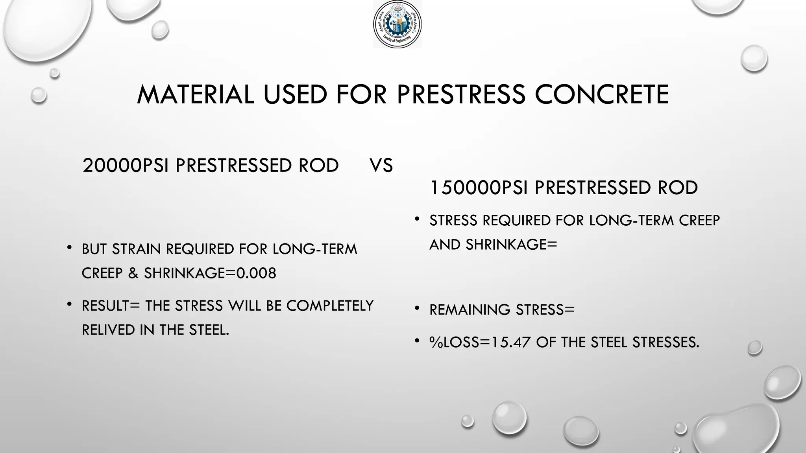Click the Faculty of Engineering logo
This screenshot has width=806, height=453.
(397, 24)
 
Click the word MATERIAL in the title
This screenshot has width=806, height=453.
(195, 95)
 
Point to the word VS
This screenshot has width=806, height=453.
(381, 166)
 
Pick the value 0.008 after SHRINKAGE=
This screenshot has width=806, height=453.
(256, 273)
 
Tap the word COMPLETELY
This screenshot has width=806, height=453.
(330, 306)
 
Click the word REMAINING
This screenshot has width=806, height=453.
(470, 310)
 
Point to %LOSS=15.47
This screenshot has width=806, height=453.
(480, 343)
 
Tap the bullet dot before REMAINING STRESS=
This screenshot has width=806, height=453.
(418, 309)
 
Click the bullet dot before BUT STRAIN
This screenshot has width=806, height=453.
(70, 248)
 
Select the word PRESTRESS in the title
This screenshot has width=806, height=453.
(461, 95)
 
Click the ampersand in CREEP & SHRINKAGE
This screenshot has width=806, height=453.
(133, 273)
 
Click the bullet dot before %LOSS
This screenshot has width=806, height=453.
(418, 341)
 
